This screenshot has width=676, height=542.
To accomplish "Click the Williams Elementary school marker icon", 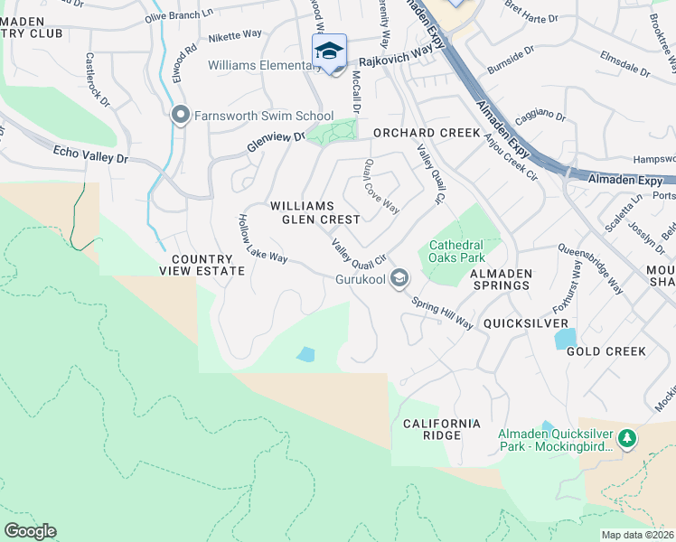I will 330,51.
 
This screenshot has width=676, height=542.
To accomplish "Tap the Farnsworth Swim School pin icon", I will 180,115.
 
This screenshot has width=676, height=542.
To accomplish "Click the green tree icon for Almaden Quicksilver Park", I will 626,438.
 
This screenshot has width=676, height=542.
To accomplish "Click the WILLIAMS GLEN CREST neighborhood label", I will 315,212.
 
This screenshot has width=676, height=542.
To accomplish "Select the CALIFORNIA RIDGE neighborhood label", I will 441,429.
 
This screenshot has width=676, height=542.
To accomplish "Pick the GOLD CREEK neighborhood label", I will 606,350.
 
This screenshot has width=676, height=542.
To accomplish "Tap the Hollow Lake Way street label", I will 262,239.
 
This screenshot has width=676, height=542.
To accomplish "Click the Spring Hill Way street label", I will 442,313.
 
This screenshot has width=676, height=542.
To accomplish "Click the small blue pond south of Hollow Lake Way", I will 305,354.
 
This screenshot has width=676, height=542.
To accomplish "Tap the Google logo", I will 30,531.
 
